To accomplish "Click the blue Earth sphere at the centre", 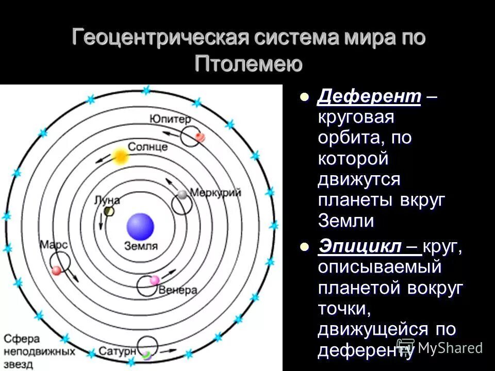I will pyautogui.click(x=140, y=227).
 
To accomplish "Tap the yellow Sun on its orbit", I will pyautogui.click(x=120, y=157).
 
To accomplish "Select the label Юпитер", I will pyautogui.click(x=171, y=119).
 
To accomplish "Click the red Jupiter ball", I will pyautogui.click(x=200, y=137).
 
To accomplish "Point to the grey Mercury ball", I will pyautogui.click(x=182, y=194).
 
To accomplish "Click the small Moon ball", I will pyautogui.click(x=109, y=211).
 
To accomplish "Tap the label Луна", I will pyautogui.click(x=107, y=200).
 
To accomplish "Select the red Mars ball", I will pyautogui.click(x=57, y=270).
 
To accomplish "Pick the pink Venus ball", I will pyautogui.click(x=154, y=280).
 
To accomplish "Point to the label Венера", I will pyautogui.click(x=178, y=290).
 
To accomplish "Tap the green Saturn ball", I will pyautogui.click(x=147, y=355).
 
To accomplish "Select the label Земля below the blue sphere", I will pyautogui.click(x=140, y=246).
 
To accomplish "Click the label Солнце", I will pyautogui.click(x=147, y=147).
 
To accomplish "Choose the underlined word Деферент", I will pyautogui.click(x=369, y=96).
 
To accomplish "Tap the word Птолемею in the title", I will pyautogui.click(x=248, y=64).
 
